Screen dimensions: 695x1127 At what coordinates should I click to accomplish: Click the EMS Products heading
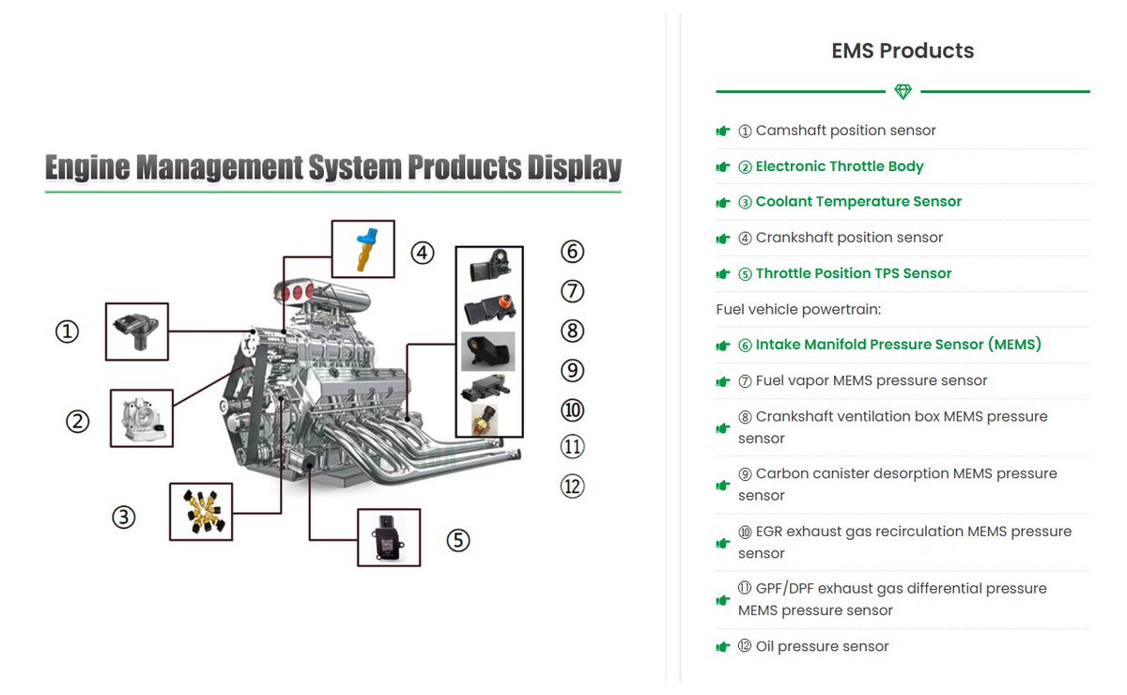point(903,51)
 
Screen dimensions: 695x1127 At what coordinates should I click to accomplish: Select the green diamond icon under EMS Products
point(903,92)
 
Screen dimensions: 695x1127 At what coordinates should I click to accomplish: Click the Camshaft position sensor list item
point(845,131)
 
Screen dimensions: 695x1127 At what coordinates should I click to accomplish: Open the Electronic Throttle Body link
point(840,166)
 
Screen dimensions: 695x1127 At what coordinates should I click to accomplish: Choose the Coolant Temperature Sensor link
point(858,202)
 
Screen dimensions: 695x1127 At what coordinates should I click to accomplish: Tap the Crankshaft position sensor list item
point(849,238)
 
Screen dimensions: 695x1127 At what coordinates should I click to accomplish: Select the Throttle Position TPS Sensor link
point(854,273)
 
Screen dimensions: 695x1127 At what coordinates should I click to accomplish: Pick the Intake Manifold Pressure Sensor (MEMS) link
point(898,345)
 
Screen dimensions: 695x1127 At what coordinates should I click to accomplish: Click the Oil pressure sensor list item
point(822,646)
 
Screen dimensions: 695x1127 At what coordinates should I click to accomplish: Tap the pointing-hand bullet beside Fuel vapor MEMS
point(723,381)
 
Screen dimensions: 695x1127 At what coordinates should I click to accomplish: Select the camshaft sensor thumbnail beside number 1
point(137,332)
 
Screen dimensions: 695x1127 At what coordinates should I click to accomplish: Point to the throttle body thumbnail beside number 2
point(142,418)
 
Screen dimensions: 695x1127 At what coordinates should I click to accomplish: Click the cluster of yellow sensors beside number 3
point(200,512)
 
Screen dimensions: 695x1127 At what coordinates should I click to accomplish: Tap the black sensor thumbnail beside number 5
point(389,537)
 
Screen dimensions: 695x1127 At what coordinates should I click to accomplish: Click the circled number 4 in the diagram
point(423,253)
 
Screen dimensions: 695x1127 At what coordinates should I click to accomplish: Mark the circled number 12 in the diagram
point(572,486)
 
